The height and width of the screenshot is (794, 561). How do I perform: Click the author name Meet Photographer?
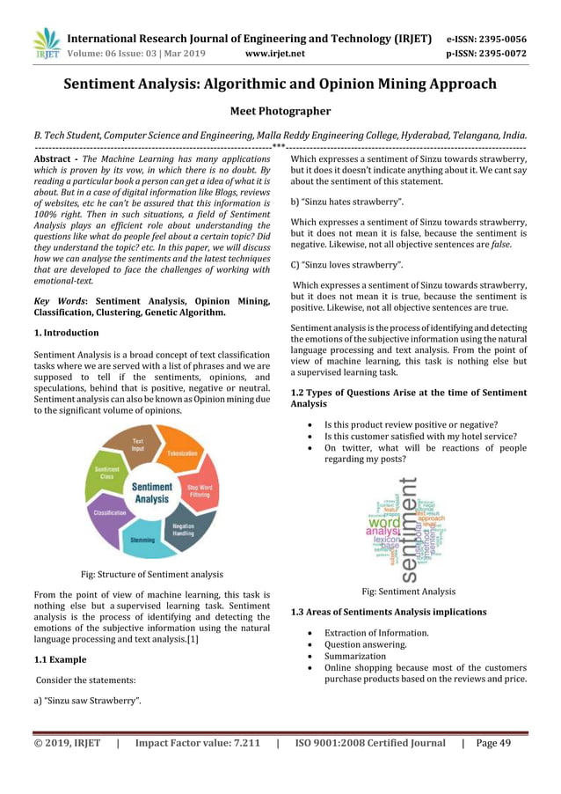(280, 112)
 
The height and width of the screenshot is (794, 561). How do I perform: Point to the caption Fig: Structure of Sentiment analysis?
(152, 574)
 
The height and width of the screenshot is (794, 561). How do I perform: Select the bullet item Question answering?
(366, 644)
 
